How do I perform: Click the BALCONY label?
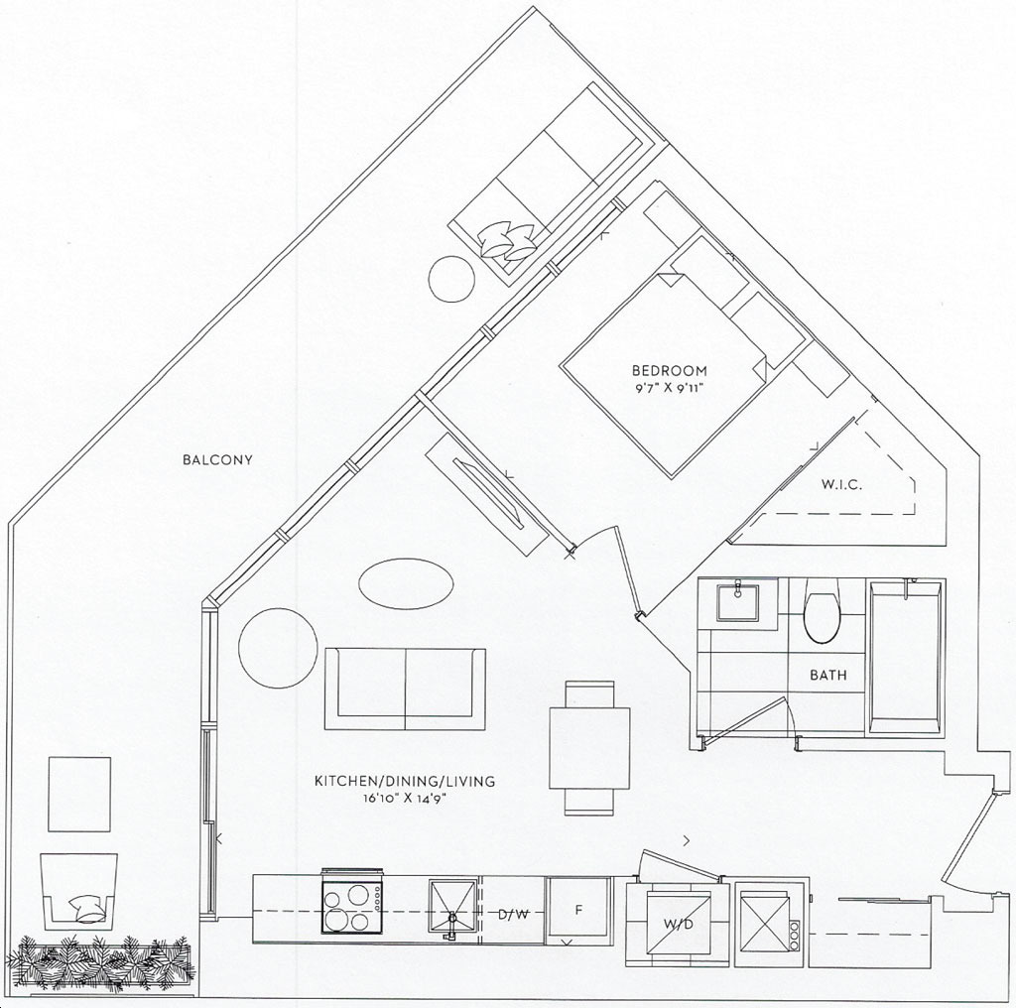217,460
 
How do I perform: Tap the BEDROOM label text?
670,371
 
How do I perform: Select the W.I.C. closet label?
841,484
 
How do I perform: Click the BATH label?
828,675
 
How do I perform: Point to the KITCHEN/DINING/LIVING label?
405,781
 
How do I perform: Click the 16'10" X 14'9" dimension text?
406,798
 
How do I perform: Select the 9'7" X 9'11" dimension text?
670,388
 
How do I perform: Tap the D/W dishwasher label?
513,915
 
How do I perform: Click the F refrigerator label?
579,910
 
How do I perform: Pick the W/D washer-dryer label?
677,924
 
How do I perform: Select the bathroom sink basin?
738,602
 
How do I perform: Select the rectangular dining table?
589,748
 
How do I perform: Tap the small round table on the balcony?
451,279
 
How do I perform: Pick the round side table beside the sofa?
278,647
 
